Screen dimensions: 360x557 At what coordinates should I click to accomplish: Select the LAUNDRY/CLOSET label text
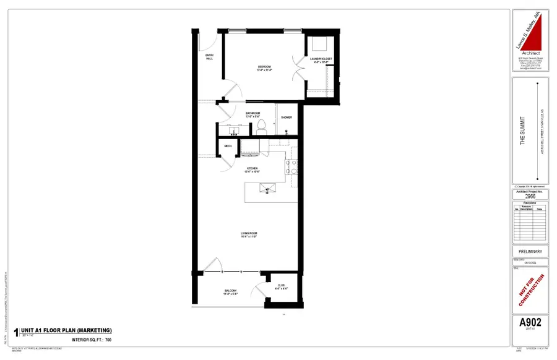tap(323, 60)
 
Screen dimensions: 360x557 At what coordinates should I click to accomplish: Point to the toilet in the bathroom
tap(261, 127)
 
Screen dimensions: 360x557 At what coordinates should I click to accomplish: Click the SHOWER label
tap(286, 117)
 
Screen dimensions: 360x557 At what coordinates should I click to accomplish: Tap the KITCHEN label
tap(253, 169)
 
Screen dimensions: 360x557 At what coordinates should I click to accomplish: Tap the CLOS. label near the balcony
tap(281, 286)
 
